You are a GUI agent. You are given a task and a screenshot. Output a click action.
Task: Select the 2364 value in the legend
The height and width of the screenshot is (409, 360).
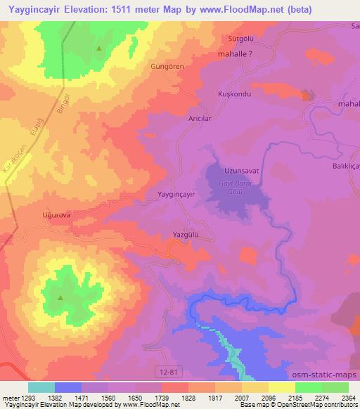pyautogui.click(x=339, y=398)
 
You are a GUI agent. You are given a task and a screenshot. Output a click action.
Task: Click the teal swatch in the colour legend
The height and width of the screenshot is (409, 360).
pyautogui.click(x=41, y=387)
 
